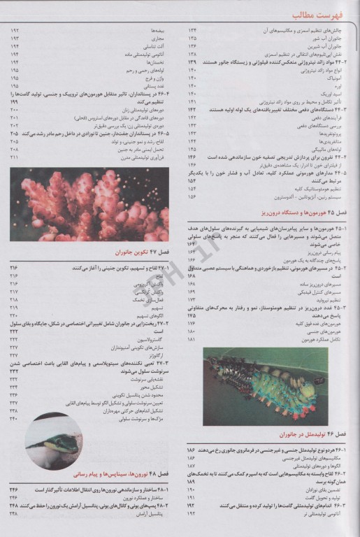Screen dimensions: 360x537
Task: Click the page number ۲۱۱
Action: point(15,157)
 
